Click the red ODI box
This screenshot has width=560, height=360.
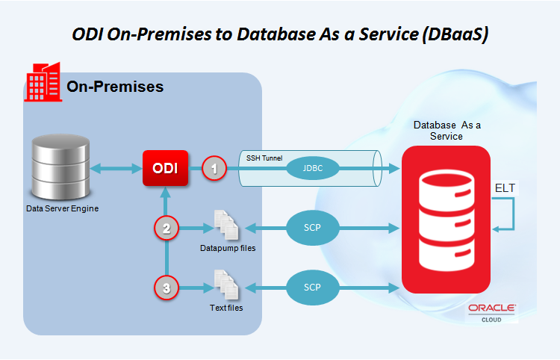point(165,168)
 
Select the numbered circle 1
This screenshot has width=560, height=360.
point(214,168)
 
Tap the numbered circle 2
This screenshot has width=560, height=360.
point(167,229)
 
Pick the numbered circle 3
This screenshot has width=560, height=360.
point(167,288)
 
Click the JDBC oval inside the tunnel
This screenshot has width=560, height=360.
point(313,168)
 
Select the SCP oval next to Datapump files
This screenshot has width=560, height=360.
point(313,228)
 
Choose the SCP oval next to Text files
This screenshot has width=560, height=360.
point(313,287)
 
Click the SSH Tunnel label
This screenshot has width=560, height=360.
point(264,158)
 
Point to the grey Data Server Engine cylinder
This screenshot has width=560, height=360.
point(60,167)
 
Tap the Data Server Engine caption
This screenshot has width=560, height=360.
point(63,208)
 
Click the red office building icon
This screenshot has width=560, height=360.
point(43,82)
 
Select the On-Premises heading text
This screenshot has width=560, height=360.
point(115,87)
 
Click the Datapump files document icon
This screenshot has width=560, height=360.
point(226,225)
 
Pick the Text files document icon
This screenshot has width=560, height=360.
point(226,285)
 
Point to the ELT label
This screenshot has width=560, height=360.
point(505,188)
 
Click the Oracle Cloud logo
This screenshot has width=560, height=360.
point(492,313)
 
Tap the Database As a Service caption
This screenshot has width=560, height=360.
point(447,131)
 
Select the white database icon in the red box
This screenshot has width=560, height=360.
point(447,220)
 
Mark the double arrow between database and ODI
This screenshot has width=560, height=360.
point(116,169)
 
